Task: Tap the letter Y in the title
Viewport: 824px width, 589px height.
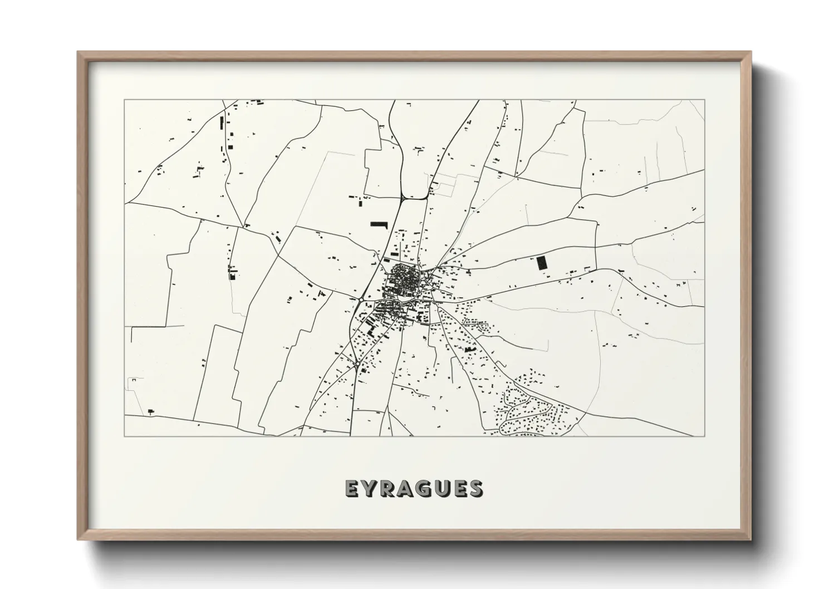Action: coord(369,488)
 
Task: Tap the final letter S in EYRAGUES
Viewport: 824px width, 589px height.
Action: coord(476,488)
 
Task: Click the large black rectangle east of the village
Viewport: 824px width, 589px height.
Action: coord(542,263)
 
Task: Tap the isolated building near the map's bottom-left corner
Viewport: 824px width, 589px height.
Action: coord(150,412)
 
